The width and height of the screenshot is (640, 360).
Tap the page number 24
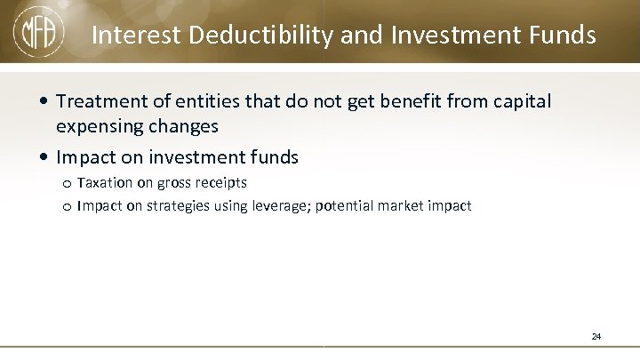[x=596, y=337]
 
